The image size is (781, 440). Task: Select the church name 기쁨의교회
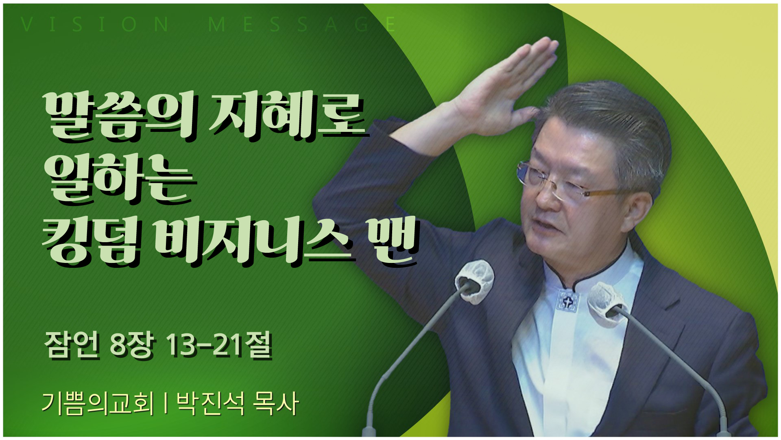98,403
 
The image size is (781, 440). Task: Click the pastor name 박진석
211,403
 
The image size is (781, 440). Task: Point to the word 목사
275,403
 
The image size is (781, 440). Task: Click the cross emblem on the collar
568,301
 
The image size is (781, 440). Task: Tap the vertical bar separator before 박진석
166,403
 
